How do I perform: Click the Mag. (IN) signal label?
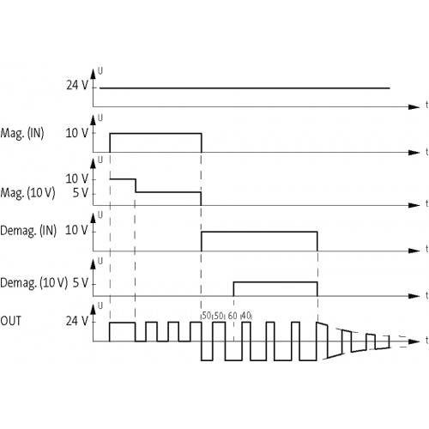point(22,134)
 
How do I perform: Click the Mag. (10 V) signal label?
point(27,193)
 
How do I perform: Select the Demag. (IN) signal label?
point(28,231)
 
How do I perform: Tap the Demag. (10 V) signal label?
point(34,283)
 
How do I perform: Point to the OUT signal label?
point(10,321)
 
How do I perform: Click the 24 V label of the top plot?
point(77,85)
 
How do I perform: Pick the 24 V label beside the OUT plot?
point(77,321)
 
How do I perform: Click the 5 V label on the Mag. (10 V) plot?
point(81,193)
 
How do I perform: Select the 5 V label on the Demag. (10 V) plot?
point(81,283)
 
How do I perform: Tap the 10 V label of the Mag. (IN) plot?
point(77,133)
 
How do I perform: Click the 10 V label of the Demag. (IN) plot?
point(76,230)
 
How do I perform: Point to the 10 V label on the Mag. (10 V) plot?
point(77,178)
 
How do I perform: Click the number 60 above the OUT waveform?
point(233,316)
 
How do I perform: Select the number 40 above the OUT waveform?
point(246,316)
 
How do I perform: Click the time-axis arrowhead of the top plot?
point(414,107)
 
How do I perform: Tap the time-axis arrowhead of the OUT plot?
point(414,341)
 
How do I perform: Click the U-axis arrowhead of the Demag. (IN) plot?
point(93,218)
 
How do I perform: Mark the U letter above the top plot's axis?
point(100,71)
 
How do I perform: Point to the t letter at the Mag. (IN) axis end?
point(426,152)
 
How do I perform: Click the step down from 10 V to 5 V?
point(136,185)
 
